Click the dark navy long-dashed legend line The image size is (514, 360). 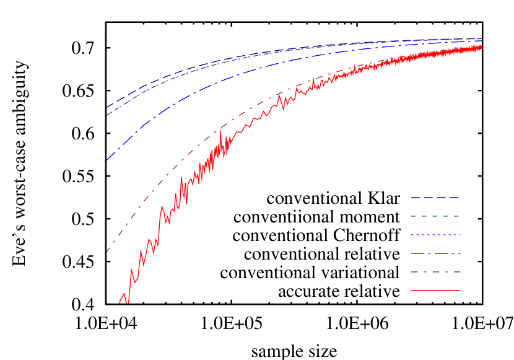435,198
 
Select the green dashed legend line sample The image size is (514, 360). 435,216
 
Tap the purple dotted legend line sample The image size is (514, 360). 435,235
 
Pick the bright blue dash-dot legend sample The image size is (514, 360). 435,253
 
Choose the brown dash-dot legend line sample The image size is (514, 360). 435,272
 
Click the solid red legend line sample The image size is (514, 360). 435,290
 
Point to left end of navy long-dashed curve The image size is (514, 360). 107,108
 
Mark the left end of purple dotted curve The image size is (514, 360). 107,115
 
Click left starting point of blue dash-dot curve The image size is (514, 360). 107,160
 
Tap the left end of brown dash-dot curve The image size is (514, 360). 107,252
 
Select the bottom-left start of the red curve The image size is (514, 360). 120,303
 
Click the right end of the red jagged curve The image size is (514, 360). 481,46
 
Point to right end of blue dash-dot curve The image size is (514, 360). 481,42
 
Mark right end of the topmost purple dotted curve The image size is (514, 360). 481,38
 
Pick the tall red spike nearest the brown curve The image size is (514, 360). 220,131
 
